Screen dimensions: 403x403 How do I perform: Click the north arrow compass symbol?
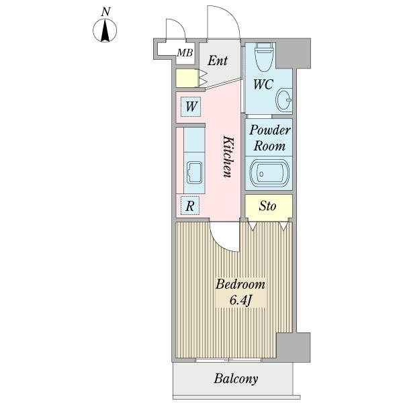click(105, 30)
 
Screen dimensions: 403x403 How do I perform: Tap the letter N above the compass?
click(105, 11)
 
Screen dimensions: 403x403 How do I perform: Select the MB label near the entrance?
click(185, 53)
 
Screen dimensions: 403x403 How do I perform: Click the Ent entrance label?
click(217, 61)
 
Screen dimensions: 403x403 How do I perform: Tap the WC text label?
click(262, 85)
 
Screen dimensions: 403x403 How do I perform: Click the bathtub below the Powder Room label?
click(269, 173)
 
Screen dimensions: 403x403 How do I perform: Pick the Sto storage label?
click(267, 206)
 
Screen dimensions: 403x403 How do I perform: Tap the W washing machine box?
click(191, 106)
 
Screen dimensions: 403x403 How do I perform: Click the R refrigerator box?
click(190, 206)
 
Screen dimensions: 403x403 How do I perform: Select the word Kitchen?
click(227, 156)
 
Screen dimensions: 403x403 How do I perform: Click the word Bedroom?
click(240, 284)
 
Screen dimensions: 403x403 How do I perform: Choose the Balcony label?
click(236, 379)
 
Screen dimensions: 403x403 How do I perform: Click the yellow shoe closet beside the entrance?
click(186, 78)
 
